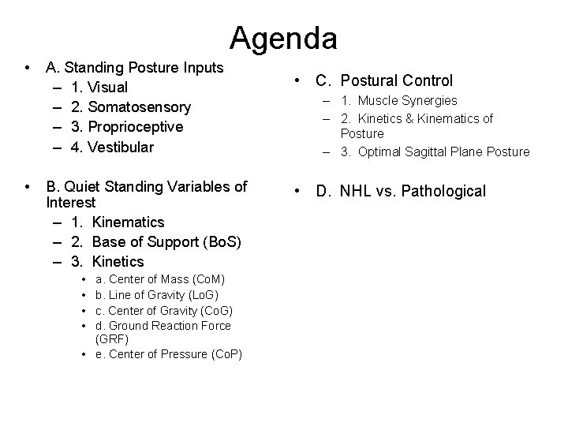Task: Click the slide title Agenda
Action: click(x=284, y=37)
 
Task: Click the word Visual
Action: click(x=106, y=87)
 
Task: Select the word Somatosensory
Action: click(x=141, y=106)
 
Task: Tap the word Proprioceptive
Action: click(x=137, y=127)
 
